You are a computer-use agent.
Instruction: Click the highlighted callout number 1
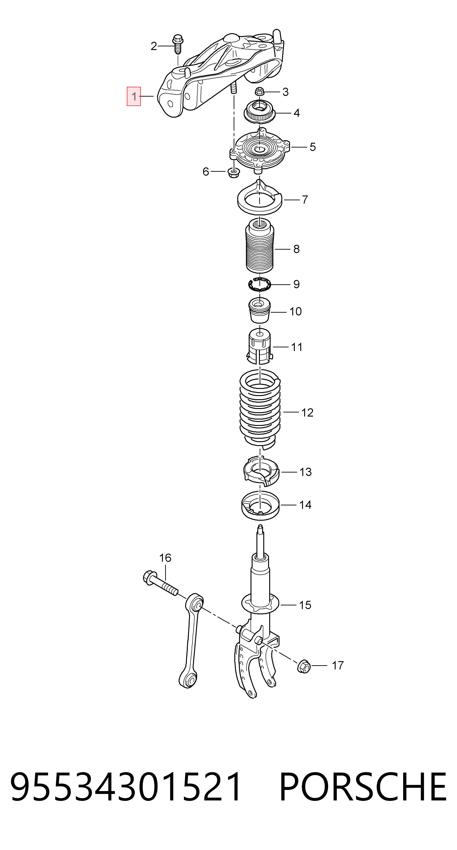(134, 96)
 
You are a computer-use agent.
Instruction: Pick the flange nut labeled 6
(234, 172)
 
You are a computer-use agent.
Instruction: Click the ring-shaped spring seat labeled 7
(260, 198)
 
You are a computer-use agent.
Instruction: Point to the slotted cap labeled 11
(260, 346)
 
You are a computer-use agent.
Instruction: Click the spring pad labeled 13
(261, 471)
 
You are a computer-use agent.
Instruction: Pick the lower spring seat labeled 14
(261, 505)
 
